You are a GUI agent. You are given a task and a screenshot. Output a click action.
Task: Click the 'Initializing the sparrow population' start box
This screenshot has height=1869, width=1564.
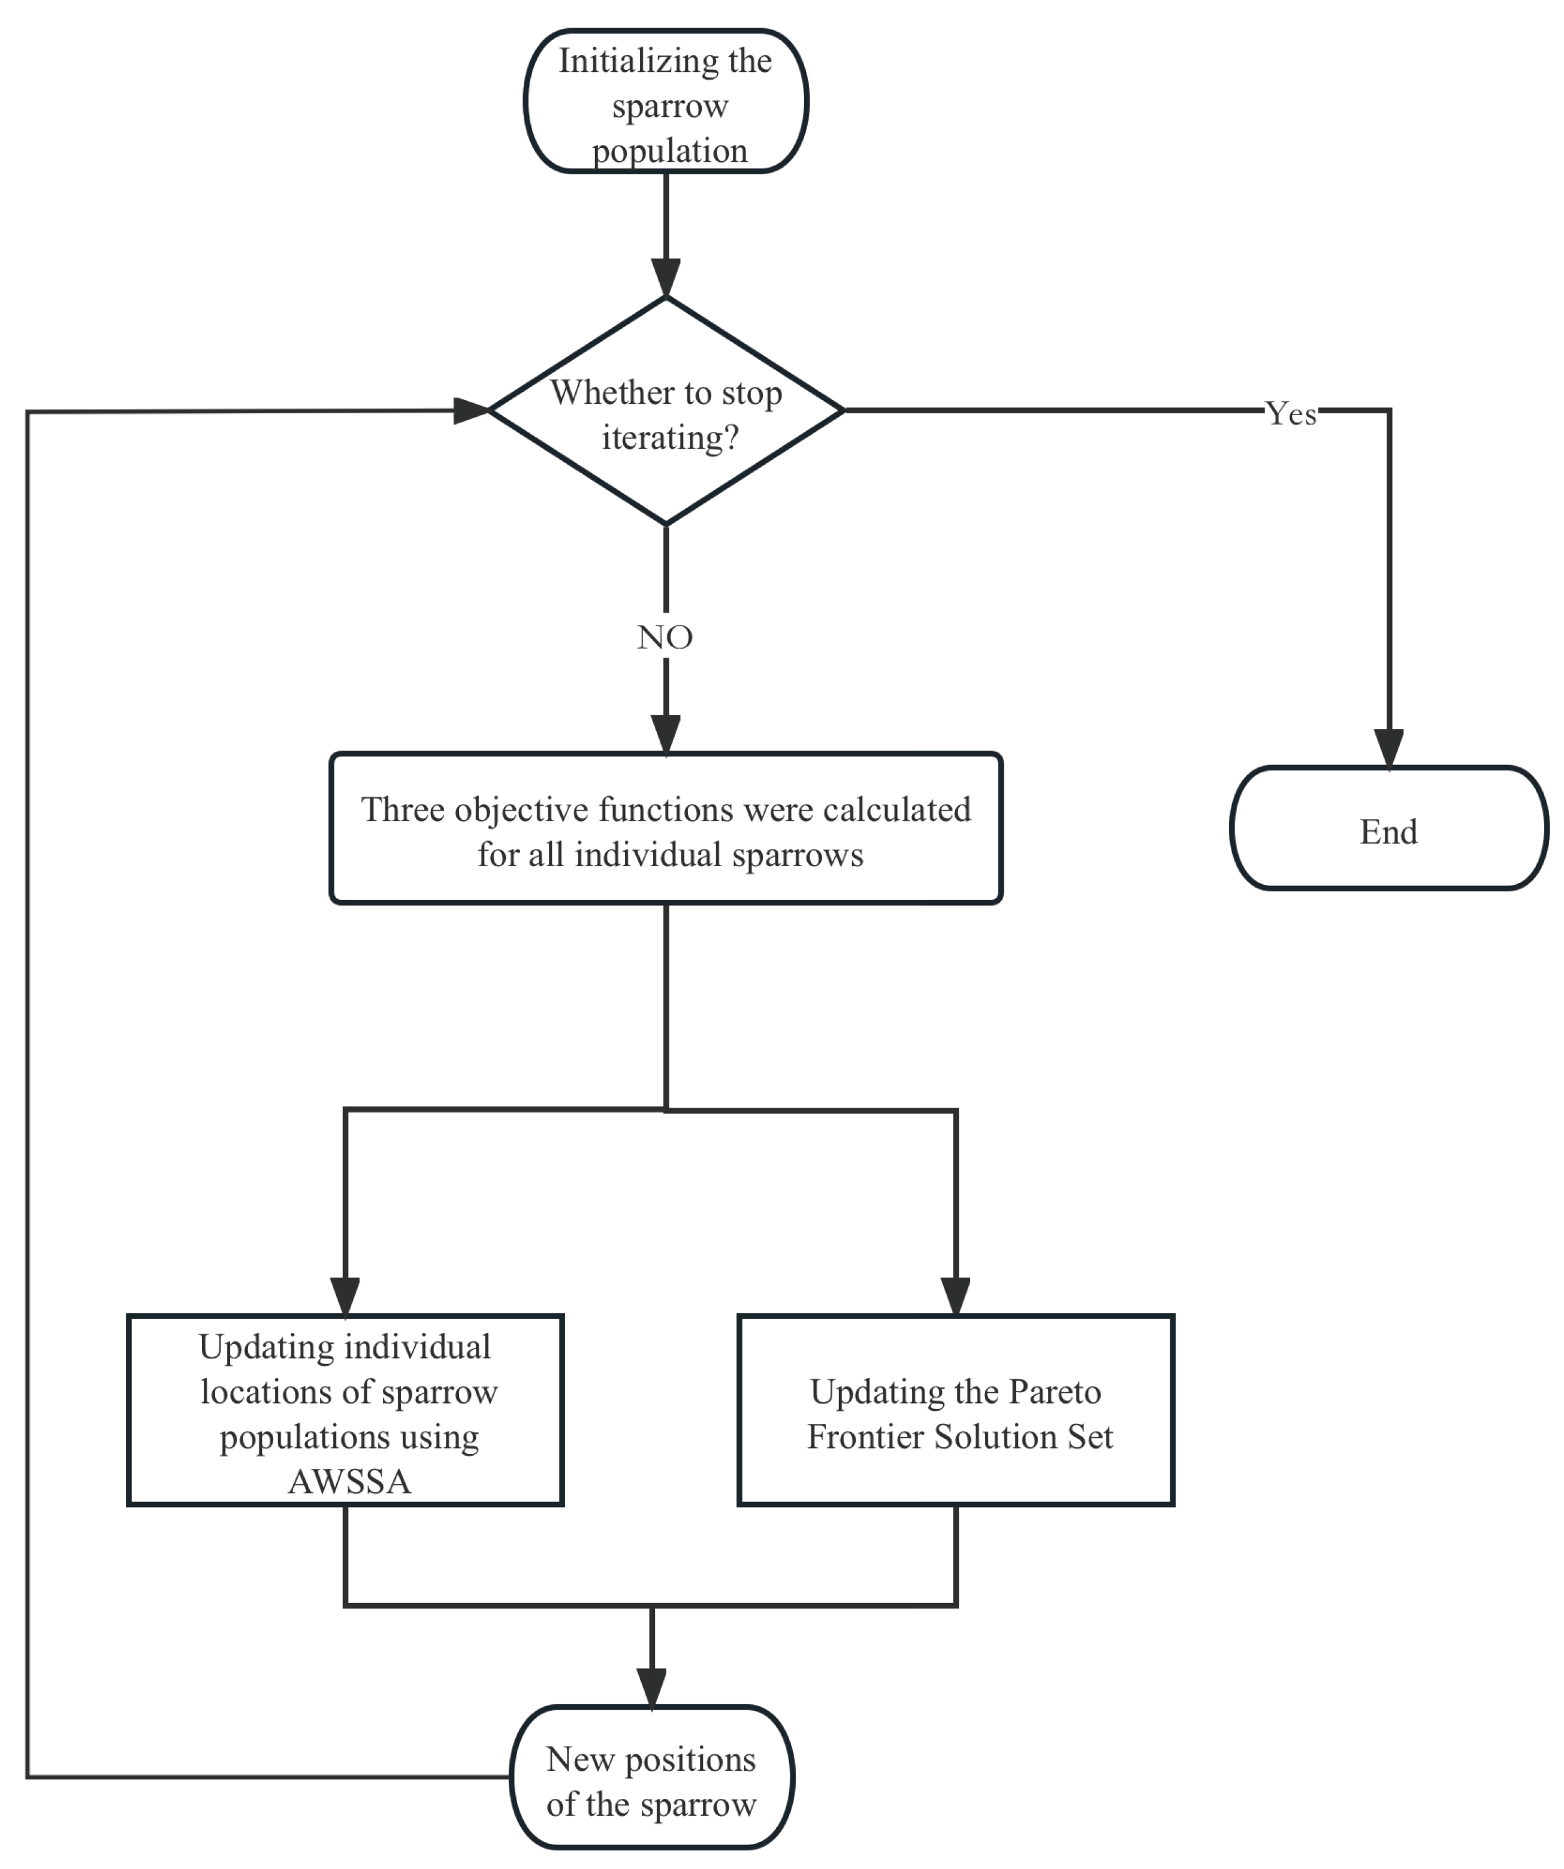click(665, 101)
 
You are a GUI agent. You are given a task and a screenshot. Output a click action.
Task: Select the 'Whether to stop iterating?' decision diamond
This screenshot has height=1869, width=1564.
click(666, 410)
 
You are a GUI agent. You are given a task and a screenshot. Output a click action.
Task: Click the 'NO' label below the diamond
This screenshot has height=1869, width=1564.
click(665, 637)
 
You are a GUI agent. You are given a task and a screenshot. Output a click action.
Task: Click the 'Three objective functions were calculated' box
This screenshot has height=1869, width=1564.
click(666, 828)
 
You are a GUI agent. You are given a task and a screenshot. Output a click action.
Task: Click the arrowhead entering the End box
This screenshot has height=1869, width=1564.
click(1388, 748)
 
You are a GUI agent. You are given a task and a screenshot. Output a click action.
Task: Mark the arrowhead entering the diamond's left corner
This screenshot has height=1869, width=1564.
click(471, 410)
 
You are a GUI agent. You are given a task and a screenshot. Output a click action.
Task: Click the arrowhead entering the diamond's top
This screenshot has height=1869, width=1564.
click(666, 278)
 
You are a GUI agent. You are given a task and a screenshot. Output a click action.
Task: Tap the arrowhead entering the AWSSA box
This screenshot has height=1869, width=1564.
click(345, 1297)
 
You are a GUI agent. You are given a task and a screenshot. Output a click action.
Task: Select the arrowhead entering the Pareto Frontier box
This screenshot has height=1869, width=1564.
click(955, 1297)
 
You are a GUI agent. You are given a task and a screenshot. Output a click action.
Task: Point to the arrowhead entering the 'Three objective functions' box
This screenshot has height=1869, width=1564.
click(666, 735)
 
